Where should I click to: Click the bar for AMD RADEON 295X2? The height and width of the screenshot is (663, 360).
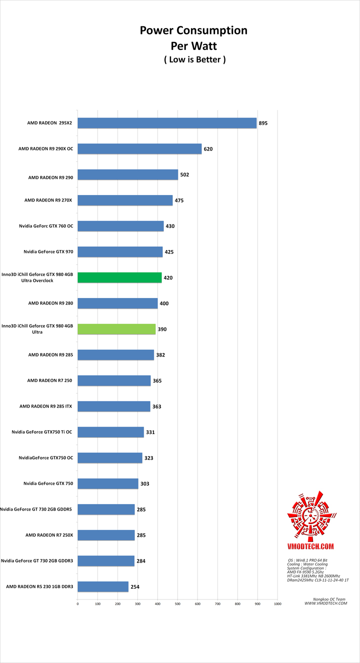(x=167, y=123)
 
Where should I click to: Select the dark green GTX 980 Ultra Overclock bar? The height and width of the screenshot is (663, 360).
(x=119, y=277)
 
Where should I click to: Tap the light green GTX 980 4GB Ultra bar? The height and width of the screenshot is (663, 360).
(x=116, y=329)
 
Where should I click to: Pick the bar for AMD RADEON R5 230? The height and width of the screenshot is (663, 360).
(x=102, y=586)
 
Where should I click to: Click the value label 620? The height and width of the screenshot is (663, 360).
(x=208, y=149)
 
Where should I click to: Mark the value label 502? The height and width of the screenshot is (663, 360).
(x=184, y=175)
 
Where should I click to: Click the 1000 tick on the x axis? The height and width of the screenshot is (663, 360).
(x=277, y=604)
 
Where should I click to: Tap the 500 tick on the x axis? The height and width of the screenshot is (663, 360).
(x=177, y=604)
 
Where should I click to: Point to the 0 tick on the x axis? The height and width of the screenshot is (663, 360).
(x=77, y=604)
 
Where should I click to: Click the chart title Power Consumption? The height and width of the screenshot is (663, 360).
(x=193, y=30)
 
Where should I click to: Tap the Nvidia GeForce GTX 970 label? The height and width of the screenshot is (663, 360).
(x=48, y=252)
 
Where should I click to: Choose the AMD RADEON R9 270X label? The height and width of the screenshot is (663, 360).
(x=48, y=200)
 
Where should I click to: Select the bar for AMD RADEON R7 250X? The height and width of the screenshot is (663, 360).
(x=106, y=535)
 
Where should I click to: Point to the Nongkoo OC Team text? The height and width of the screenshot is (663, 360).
(x=326, y=599)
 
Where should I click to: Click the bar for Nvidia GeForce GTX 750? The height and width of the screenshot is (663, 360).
(x=107, y=483)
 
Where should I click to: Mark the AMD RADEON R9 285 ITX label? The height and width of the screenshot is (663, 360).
(x=45, y=406)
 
